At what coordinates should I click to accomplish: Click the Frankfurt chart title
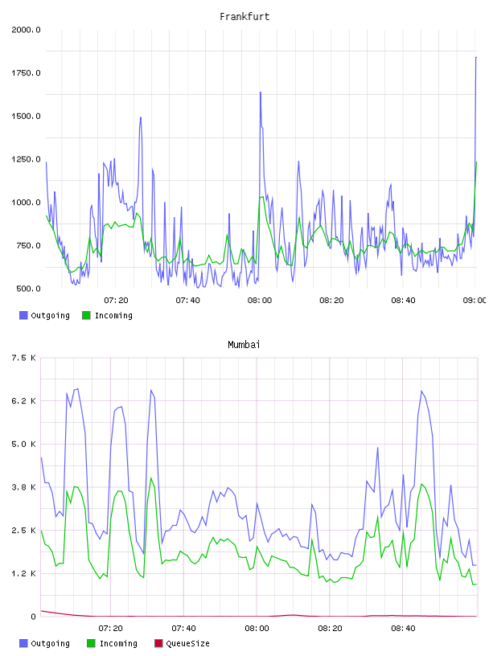[x=244, y=17]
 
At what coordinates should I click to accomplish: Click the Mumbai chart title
[x=244, y=345]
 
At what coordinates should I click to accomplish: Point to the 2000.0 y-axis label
[x=26, y=30]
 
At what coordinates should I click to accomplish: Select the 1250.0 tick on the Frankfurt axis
[x=26, y=159]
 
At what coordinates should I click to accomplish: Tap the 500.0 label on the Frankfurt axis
[x=28, y=289]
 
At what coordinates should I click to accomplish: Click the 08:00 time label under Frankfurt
[x=260, y=301]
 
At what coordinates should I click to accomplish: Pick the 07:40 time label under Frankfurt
[x=187, y=301]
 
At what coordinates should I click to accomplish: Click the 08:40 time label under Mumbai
[x=403, y=629]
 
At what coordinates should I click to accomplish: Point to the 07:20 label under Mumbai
[x=110, y=629]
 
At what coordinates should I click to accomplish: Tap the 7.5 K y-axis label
[x=23, y=358]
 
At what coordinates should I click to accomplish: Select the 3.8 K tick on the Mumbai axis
[x=23, y=487]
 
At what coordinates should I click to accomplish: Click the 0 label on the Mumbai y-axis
[x=33, y=617]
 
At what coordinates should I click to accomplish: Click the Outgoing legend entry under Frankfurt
[x=44, y=315]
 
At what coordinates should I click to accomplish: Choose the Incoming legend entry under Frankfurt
[x=108, y=315]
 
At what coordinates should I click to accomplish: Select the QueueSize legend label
[x=188, y=643]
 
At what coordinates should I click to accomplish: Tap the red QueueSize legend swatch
[x=158, y=643]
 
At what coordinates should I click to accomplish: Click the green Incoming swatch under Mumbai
[x=91, y=643]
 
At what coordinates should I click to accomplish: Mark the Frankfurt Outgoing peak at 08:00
[x=261, y=92]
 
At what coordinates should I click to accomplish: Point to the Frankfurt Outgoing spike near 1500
[x=141, y=117]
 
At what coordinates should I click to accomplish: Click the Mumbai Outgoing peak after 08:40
[x=421, y=392]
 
